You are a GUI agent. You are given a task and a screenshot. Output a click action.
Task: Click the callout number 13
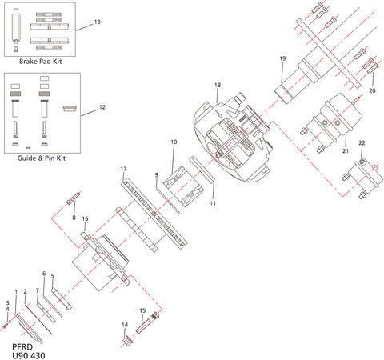click(x=97, y=21)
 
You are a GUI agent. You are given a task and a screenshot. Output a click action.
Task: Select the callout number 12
click(x=102, y=106)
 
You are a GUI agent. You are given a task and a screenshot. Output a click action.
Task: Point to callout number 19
click(x=282, y=59)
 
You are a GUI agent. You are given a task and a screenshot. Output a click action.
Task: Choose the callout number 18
click(x=217, y=85)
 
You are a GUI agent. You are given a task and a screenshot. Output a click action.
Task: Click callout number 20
click(x=372, y=92)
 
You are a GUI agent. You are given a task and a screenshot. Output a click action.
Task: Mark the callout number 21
click(x=346, y=149)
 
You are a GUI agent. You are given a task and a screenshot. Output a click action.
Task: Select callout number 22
click(x=362, y=142)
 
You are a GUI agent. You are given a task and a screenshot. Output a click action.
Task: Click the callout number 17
click(x=123, y=169)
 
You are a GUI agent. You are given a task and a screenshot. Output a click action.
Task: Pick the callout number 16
click(x=86, y=218)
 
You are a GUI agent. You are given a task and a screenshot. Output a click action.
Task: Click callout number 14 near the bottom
click(x=125, y=324)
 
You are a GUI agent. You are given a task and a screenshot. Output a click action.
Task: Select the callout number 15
click(x=142, y=310)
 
